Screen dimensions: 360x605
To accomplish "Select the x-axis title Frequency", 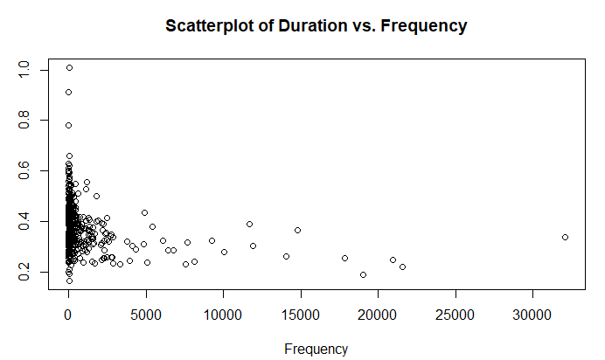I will [316, 349].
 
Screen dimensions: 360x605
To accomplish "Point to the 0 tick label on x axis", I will [68, 315].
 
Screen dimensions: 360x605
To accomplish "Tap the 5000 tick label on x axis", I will [145, 315].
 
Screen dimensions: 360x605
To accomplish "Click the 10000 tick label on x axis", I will [223, 315].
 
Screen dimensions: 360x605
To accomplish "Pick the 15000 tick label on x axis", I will [301, 315].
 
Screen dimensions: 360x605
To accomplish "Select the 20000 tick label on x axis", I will [378, 315].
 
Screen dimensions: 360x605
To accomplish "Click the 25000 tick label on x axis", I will [455, 315].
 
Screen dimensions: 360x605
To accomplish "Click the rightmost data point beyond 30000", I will [565, 237].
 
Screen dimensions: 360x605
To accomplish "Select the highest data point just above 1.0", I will [69, 67].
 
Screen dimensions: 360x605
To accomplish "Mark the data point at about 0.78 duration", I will [68, 125].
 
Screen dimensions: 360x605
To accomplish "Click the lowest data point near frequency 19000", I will [363, 274].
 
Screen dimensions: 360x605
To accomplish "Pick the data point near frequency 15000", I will [297, 230].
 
